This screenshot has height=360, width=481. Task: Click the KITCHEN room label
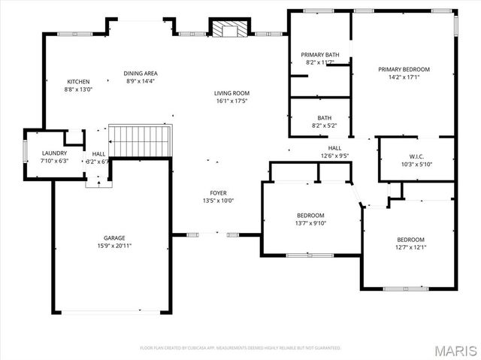[79, 82]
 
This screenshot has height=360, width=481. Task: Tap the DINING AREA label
[140, 73]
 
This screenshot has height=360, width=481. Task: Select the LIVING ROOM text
[231, 93]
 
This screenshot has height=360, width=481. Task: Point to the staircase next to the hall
[141, 141]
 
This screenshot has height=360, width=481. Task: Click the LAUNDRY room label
[54, 153]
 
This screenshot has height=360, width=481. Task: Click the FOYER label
[219, 193]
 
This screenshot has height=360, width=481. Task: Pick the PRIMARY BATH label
[320, 55]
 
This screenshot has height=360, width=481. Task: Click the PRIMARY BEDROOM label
[404, 69]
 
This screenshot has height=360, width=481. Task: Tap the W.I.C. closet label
[417, 156]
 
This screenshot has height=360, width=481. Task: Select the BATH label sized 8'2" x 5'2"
[324, 118]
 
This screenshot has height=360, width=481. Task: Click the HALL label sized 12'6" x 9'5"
[334, 149]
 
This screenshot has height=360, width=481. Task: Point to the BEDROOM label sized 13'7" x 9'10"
[310, 215]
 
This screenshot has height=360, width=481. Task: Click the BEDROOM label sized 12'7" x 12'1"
[410, 240]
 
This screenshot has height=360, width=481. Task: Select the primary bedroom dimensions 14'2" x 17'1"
[404, 77]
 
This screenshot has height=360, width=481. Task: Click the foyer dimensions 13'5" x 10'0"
[219, 201]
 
